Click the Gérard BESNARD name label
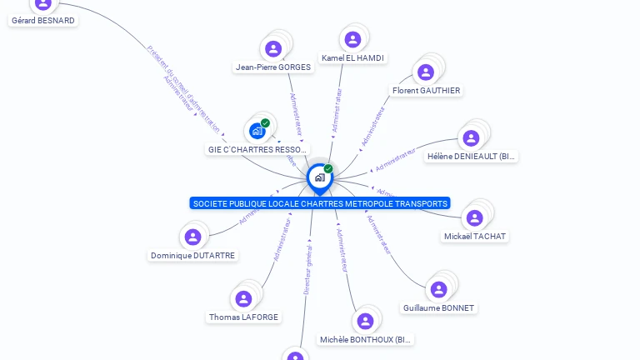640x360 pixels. pyautogui.click(x=42, y=20)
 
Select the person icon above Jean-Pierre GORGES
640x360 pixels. pyautogui.click(x=273, y=48)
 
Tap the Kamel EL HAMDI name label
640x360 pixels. pyautogui.click(x=353, y=58)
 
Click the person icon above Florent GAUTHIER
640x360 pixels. pyautogui.click(x=426, y=72)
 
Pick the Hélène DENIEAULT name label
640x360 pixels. pyautogui.click(x=472, y=156)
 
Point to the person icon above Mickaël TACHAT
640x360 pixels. pyautogui.click(x=475, y=218)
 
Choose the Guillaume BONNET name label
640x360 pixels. pyautogui.click(x=438, y=307)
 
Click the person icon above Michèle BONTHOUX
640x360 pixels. pyautogui.click(x=365, y=322)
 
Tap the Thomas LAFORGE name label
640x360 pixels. pyautogui.click(x=243, y=317)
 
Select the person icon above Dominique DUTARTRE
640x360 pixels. pyautogui.click(x=193, y=237)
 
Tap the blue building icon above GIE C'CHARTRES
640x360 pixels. pyautogui.click(x=257, y=131)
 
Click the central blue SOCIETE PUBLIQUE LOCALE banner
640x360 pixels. pyautogui.click(x=320, y=203)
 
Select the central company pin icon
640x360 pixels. pyautogui.click(x=319, y=177)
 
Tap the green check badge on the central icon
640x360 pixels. pyautogui.click(x=328, y=169)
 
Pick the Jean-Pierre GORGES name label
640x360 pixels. pyautogui.click(x=273, y=67)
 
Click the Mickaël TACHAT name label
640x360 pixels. pyautogui.click(x=475, y=236)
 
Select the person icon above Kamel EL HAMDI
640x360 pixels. pyautogui.click(x=352, y=39)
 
